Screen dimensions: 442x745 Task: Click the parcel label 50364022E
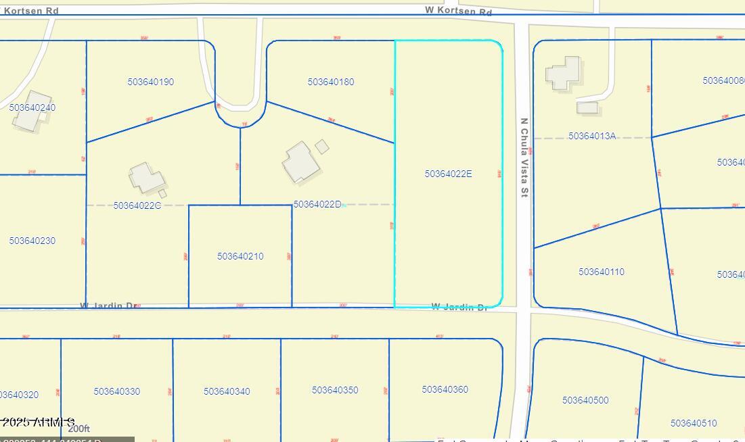click(x=448, y=174)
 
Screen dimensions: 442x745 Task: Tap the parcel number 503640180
click(x=331, y=82)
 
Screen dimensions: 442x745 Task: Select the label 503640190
click(x=151, y=82)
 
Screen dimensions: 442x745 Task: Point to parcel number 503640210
click(x=240, y=256)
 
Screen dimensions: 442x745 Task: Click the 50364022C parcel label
click(x=137, y=205)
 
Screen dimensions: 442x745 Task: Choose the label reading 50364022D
click(x=317, y=204)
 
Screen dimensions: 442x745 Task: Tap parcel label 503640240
click(x=32, y=107)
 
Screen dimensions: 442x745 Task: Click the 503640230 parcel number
click(x=32, y=241)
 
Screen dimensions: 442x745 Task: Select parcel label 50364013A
click(x=592, y=136)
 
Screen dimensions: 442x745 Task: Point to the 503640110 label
click(x=602, y=272)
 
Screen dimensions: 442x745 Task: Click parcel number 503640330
click(x=117, y=391)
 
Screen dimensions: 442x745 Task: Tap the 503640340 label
click(x=227, y=391)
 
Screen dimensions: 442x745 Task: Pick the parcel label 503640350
click(x=335, y=390)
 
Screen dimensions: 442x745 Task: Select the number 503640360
click(x=445, y=389)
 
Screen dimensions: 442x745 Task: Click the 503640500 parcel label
click(x=585, y=400)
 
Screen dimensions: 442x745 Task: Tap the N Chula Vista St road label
click(x=524, y=158)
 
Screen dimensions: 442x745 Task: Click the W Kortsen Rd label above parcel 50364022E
click(x=458, y=11)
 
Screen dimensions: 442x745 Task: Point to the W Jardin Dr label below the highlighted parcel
click(x=459, y=308)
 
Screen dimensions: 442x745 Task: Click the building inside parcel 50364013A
click(x=563, y=72)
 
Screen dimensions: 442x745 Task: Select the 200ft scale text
click(x=78, y=428)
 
